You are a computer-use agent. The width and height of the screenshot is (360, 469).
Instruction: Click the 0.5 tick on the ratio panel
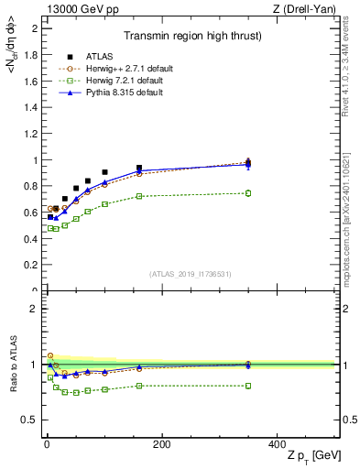pos(30,420)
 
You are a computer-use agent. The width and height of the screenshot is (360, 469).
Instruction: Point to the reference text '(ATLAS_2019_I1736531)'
pos(191,274)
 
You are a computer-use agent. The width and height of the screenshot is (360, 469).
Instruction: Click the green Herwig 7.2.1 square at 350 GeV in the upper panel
pos(248,192)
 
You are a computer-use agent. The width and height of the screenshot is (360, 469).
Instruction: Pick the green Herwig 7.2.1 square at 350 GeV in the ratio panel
pos(248,386)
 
